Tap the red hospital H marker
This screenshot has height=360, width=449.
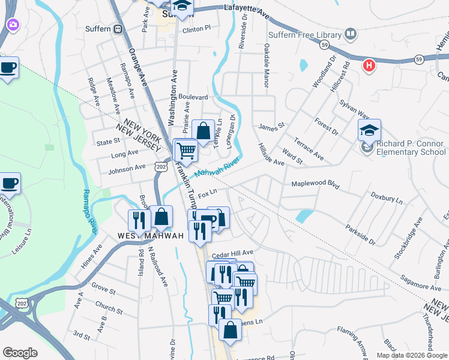point(369,65)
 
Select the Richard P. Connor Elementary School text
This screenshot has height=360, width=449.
point(411,148)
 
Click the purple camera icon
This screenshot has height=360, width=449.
point(12,25)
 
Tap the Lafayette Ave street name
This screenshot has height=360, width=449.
point(248,7)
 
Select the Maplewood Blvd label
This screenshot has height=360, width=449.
point(316,185)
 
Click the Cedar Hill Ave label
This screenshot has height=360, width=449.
point(233,253)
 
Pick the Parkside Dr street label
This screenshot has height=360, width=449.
point(360,234)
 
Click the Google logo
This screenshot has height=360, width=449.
point(20,353)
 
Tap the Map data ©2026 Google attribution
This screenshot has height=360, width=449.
point(412,355)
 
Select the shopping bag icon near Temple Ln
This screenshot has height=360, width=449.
point(203,131)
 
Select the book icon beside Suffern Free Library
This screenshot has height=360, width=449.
point(351,34)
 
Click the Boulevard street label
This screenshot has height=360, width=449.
point(192,97)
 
